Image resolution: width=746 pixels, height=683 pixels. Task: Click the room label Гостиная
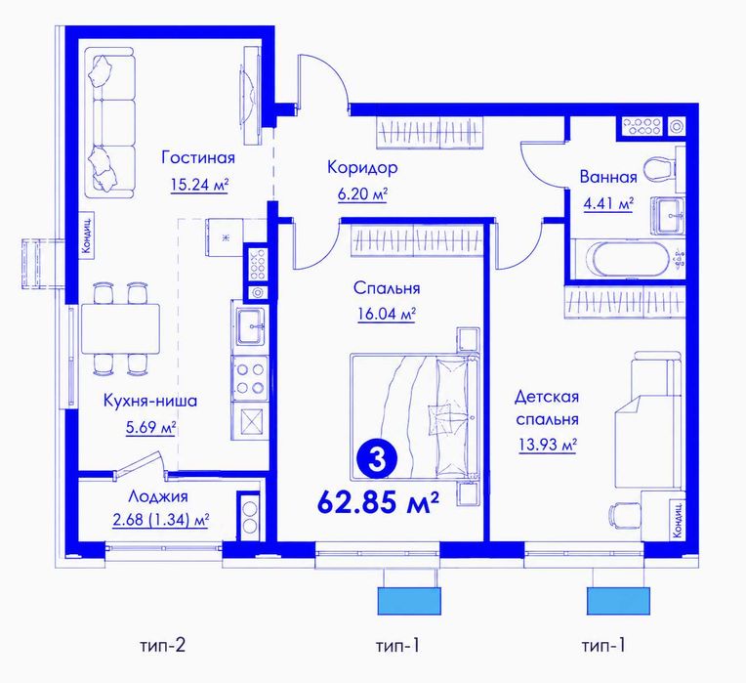[198, 157]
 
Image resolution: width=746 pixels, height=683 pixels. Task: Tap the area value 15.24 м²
[200, 185]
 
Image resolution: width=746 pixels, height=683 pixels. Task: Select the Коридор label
[362, 167]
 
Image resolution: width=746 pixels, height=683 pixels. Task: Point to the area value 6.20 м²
[362, 194]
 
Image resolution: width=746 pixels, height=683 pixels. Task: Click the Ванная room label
[608, 177]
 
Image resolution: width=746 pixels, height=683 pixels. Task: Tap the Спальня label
[387, 288]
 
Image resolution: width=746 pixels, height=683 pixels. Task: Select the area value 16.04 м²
[387, 315]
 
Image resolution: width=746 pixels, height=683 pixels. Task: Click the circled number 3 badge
[377, 460]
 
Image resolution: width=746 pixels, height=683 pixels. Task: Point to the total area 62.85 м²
[377, 502]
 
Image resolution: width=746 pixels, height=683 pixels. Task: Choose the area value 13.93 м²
[548, 446]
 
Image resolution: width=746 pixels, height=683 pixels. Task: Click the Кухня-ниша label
[150, 401]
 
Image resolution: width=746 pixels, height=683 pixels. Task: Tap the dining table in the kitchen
[120, 328]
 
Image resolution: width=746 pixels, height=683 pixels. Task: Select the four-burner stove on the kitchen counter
[250, 378]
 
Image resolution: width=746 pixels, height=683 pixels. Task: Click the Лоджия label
[158, 496]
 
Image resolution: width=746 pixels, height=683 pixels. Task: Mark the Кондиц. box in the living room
[88, 235]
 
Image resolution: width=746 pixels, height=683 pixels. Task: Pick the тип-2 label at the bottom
[162, 646]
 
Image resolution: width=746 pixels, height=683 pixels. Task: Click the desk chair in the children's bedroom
[623, 514]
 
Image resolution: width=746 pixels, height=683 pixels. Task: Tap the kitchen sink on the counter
[250, 326]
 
